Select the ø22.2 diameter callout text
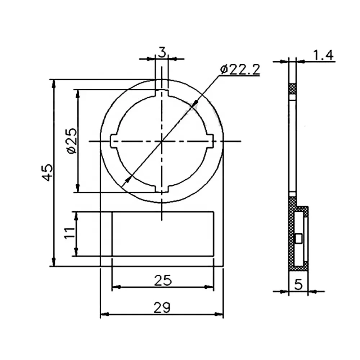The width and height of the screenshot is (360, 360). coord(240,68)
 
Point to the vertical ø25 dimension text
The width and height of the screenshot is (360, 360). coord(71,141)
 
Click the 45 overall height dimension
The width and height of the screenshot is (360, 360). coord(47,172)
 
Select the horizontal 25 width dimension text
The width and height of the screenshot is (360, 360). coord(162,280)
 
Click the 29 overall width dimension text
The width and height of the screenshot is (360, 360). coord(162,308)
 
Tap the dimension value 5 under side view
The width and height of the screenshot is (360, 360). coord(298,285)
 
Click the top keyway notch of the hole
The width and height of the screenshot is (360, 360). coord(162,93)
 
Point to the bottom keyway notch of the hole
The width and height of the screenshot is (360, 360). coord(162,189)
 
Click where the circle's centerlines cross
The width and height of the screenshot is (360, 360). coord(162,141)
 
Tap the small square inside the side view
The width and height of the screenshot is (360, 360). coord(298,238)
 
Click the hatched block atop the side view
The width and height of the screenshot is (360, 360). coord(292,88)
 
